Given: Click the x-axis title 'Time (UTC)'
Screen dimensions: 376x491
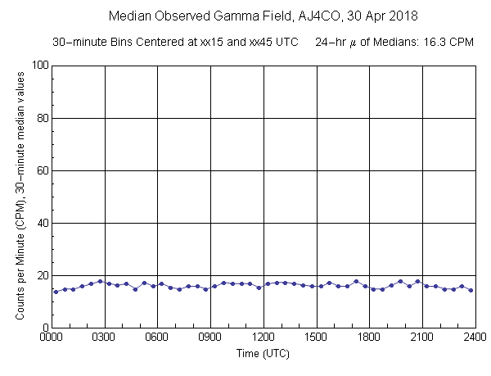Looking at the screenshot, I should point(264,354).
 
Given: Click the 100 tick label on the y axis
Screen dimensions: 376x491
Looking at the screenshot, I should point(38,66).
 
